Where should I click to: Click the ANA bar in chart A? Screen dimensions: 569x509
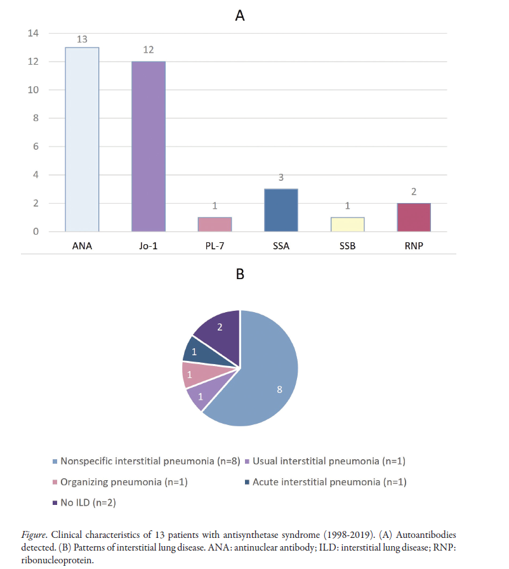[82, 140]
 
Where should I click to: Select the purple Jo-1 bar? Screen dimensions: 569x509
[149, 147]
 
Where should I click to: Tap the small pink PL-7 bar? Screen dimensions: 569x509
[215, 225]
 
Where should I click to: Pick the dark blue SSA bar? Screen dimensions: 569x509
[281, 211]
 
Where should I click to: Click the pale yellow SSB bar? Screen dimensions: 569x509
[347, 225]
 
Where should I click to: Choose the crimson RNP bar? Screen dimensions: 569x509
[414, 218]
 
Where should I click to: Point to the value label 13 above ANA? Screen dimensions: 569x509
[82, 39]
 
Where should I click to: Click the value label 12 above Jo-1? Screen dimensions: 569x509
[149, 49]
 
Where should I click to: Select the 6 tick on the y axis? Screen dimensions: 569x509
[36, 147]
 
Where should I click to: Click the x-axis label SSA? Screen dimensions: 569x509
[281, 246]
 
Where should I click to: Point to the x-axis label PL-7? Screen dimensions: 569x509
[215, 246]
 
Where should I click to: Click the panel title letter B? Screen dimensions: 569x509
[240, 275]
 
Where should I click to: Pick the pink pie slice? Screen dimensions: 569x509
[192, 374]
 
